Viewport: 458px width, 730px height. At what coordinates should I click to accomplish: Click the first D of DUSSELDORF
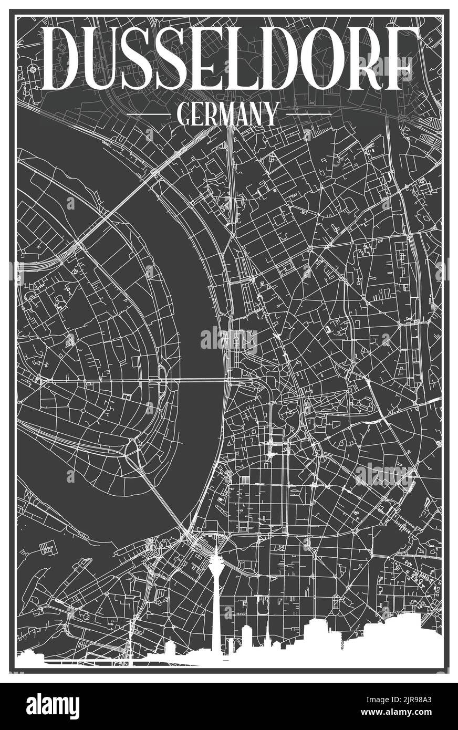click(x=67, y=59)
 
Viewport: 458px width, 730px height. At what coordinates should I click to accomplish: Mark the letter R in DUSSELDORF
click(x=374, y=59)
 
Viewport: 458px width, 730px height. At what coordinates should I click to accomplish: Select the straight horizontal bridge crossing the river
click(x=200, y=380)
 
